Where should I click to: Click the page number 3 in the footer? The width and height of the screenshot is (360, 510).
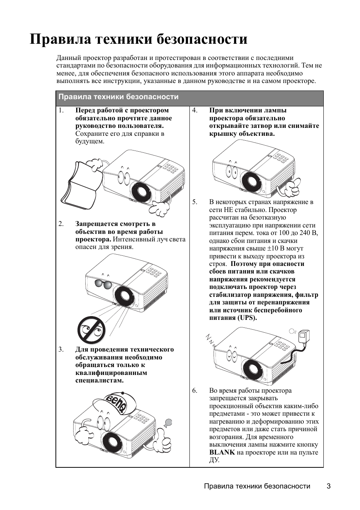(329, 486)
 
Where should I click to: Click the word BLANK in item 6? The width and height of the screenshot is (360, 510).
(222, 452)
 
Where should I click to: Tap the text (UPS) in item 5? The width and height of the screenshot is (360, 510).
(247, 318)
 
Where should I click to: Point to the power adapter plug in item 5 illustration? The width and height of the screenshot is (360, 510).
(304, 337)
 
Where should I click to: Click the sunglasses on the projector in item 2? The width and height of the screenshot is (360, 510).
(103, 284)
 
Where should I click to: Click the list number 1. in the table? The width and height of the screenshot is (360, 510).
(61, 110)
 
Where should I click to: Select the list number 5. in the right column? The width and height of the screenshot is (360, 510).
(195, 202)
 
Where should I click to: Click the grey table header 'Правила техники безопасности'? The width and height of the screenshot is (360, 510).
(118, 97)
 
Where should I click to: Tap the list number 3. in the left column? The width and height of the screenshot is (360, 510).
(61, 349)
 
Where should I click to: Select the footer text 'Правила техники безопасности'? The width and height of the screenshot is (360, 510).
(257, 486)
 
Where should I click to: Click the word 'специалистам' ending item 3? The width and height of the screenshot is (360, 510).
(99, 380)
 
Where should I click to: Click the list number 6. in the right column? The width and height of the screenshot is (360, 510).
(195, 390)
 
